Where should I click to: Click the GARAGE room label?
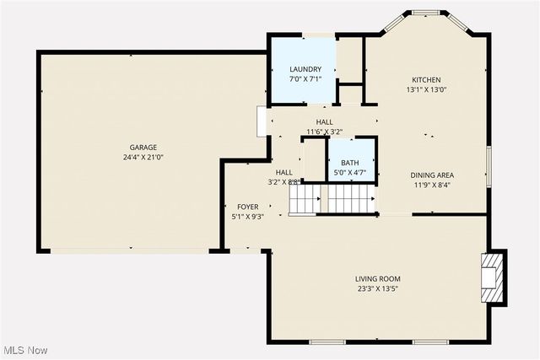tap(143, 148)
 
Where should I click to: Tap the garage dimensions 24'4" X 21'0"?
tap(143, 158)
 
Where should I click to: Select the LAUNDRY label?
tap(305, 69)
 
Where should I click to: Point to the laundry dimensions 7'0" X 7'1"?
tap(305, 79)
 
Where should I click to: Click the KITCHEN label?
tap(426, 80)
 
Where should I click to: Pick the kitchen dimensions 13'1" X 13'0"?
tap(426, 89)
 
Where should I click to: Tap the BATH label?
tap(349, 164)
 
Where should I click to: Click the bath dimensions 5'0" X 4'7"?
tap(349, 174)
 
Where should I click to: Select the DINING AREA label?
tap(435, 175)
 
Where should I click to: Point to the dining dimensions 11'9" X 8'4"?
tap(435, 185)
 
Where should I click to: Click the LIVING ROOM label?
tap(377, 279)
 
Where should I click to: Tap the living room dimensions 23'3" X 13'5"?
tap(377, 289)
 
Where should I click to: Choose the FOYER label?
tap(247, 207)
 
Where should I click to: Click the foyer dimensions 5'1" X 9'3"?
tap(247, 217)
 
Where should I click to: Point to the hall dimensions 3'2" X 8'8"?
tap(283, 182)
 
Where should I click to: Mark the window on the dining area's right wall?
tap(488, 166)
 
